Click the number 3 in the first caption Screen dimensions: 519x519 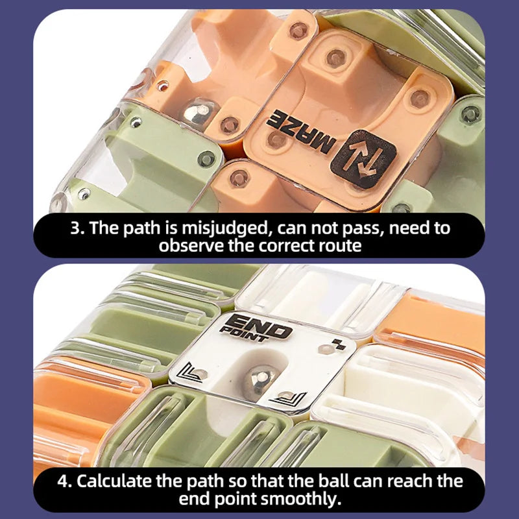(x=76, y=228)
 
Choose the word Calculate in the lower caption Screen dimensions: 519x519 (x=118, y=481)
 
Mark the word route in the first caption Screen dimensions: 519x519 (x=337, y=246)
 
